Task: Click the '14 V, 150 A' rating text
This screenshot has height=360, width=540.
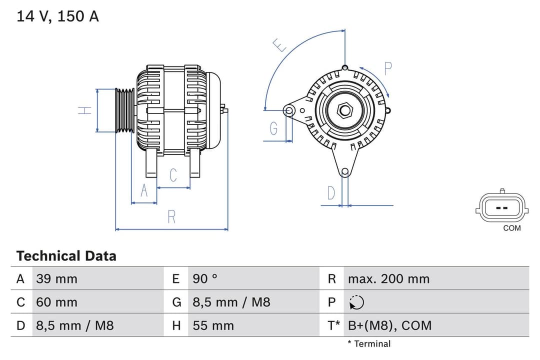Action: point(57,16)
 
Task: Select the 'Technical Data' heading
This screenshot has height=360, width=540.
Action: point(66,256)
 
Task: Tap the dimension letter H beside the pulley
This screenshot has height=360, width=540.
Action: point(85,110)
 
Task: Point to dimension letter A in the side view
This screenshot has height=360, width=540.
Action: point(144,191)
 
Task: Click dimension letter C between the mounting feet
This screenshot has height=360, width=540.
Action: point(173,175)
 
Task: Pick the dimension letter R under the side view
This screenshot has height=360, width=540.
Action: point(171,217)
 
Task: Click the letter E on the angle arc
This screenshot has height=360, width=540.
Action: point(280,45)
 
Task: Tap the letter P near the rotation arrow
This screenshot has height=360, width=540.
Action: point(388,68)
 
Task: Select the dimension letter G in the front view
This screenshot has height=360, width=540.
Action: point(273,128)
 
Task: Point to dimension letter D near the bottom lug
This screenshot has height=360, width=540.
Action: point(331,193)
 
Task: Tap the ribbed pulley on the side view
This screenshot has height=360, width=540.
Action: point(124,110)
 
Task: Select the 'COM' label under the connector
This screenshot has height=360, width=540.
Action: point(511,228)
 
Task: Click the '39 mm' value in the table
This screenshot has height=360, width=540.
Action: point(56,279)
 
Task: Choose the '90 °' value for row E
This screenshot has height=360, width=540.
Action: point(205,279)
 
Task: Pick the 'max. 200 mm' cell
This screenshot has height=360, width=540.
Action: point(388,279)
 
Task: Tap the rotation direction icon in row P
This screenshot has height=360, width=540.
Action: point(356,302)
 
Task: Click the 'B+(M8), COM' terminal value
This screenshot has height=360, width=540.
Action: point(389,325)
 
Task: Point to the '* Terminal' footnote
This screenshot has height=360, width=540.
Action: point(369,343)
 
